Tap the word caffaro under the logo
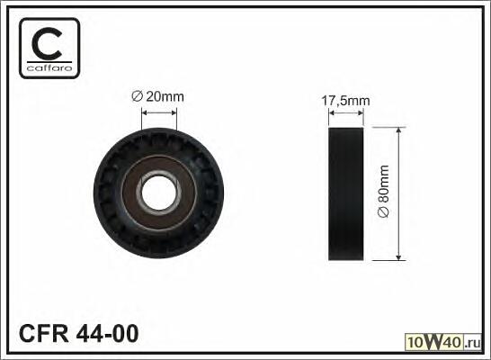coord(49,68)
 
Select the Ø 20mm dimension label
coord(158,97)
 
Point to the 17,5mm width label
coord(345,101)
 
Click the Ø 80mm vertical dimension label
coord(383,191)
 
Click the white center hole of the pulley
coord(159,193)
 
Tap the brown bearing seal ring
coord(159,193)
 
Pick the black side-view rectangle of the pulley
coord(345,193)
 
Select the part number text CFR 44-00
coord(78,333)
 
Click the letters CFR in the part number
coord(43,333)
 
